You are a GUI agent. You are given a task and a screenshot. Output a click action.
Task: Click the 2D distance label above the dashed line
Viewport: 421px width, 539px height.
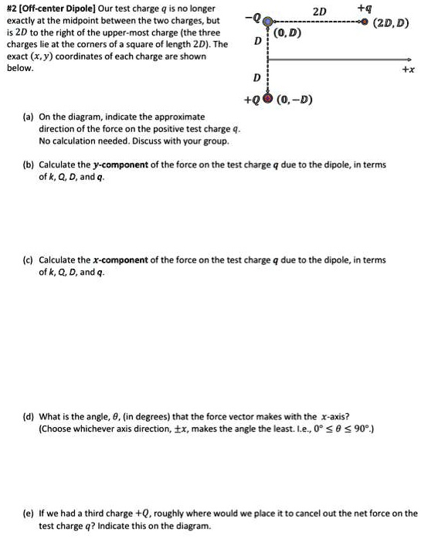pyautogui.click(x=319, y=11)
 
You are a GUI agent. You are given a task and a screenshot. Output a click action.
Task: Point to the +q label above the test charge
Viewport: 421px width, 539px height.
pyautogui.click(x=364, y=8)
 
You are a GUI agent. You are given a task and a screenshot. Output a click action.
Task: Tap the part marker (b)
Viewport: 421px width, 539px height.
pyautogui.click(x=28, y=165)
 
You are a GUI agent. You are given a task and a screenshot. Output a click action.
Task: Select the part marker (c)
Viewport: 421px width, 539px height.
pyautogui.click(x=28, y=260)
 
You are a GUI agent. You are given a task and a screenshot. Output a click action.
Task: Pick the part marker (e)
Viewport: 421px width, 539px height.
pyautogui.click(x=28, y=513)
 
